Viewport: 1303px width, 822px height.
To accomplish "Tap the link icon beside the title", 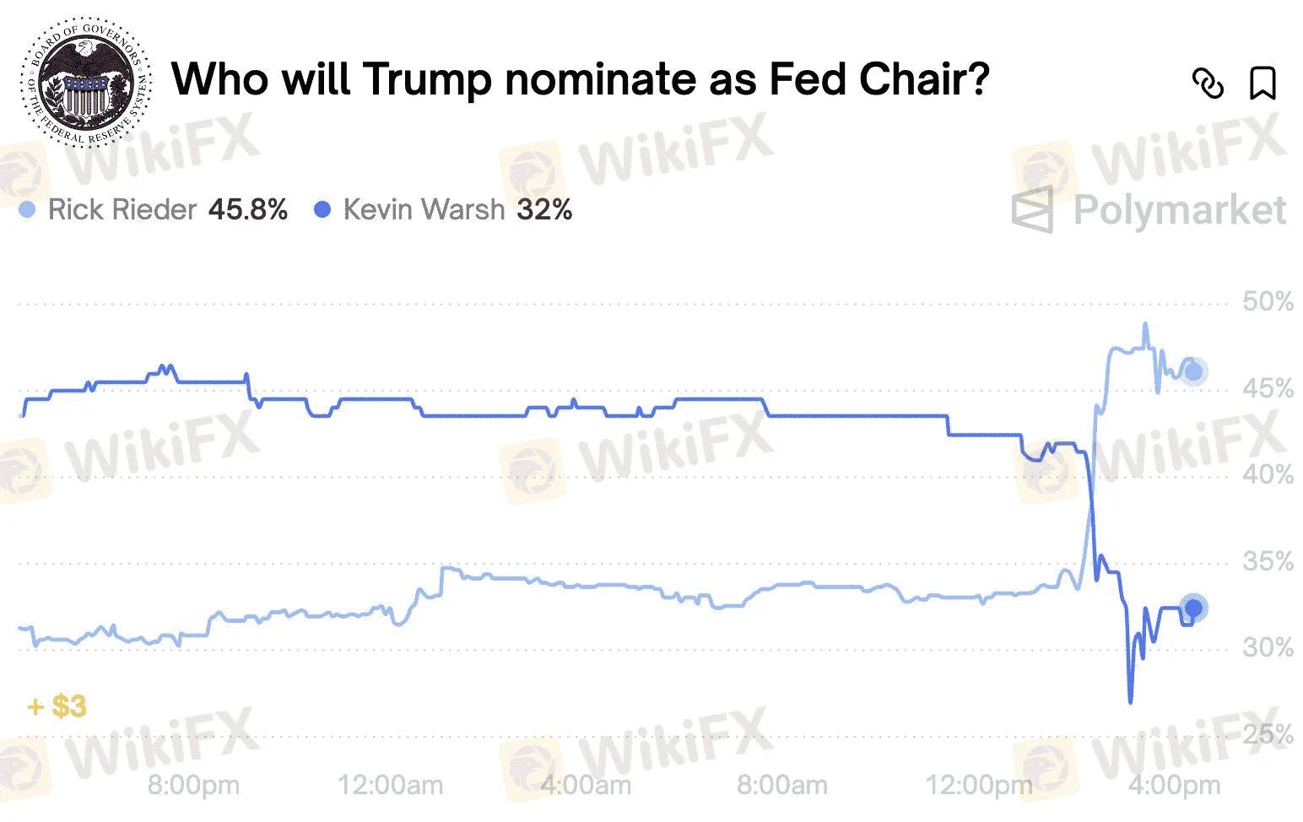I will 1208,84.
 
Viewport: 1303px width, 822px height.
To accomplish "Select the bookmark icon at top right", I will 1262,84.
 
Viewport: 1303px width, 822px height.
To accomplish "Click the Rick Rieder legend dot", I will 27,209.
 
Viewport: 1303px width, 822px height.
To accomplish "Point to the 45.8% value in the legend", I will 248,209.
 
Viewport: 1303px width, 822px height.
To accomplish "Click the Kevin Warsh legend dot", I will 322,209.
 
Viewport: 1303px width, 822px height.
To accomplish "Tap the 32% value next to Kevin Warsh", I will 545,209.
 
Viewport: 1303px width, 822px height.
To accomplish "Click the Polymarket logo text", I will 1179,209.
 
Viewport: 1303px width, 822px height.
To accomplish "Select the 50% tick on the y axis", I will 1268,301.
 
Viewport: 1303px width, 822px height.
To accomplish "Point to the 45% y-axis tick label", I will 1268,388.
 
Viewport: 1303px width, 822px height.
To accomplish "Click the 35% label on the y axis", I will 1268,561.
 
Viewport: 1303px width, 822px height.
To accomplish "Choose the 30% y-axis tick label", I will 1268,647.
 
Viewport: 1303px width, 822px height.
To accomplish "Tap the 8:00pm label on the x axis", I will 193,786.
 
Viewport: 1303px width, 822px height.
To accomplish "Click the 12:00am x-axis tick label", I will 390,786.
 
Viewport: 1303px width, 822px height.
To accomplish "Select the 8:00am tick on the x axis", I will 781,786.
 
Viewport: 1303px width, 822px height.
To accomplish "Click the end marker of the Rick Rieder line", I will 1193,371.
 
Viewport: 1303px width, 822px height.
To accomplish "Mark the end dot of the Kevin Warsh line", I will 1193,608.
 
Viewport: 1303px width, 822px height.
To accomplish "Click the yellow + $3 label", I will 57,706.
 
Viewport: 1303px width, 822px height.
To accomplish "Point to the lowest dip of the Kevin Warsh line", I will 1130,700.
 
